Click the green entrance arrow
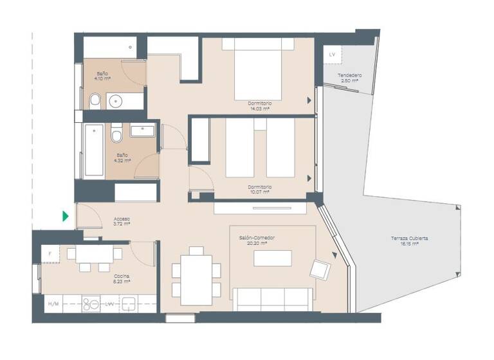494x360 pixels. click(x=66, y=217)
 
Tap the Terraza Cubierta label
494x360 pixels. click(x=409, y=241)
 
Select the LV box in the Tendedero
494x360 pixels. click(x=332, y=55)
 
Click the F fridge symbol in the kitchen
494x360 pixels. click(x=50, y=253)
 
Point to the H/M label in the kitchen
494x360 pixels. click(x=53, y=303)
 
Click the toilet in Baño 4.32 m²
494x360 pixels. click(x=116, y=136)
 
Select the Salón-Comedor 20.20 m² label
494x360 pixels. click(x=257, y=240)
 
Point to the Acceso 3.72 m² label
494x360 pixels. click(x=122, y=221)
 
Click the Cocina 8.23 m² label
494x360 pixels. click(x=122, y=278)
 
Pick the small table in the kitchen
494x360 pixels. click(x=94, y=254)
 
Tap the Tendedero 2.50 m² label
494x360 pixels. click(x=350, y=78)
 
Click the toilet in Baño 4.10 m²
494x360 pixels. click(x=95, y=100)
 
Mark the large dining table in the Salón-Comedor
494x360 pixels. click(x=196, y=280)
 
